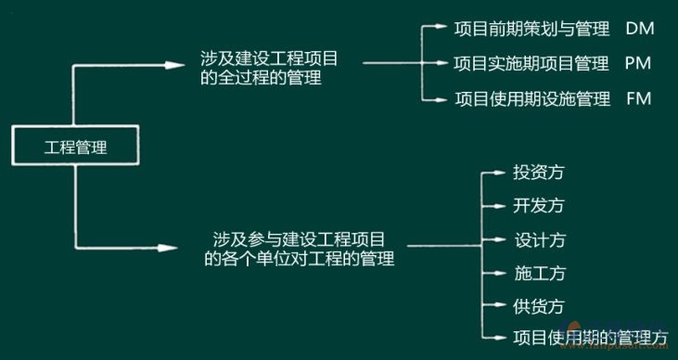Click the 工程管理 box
pos(76,147)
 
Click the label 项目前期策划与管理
pos(532,29)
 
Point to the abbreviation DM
pos(640,29)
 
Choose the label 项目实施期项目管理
pos(532,64)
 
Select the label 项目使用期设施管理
pos(532,98)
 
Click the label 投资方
pos(538,172)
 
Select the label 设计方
pos(538,239)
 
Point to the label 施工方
pos(538,273)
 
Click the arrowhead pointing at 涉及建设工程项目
pos(173,64)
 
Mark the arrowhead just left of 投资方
pos(499,173)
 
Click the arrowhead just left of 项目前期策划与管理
pos(440,29)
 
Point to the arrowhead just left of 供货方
pos(499,306)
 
